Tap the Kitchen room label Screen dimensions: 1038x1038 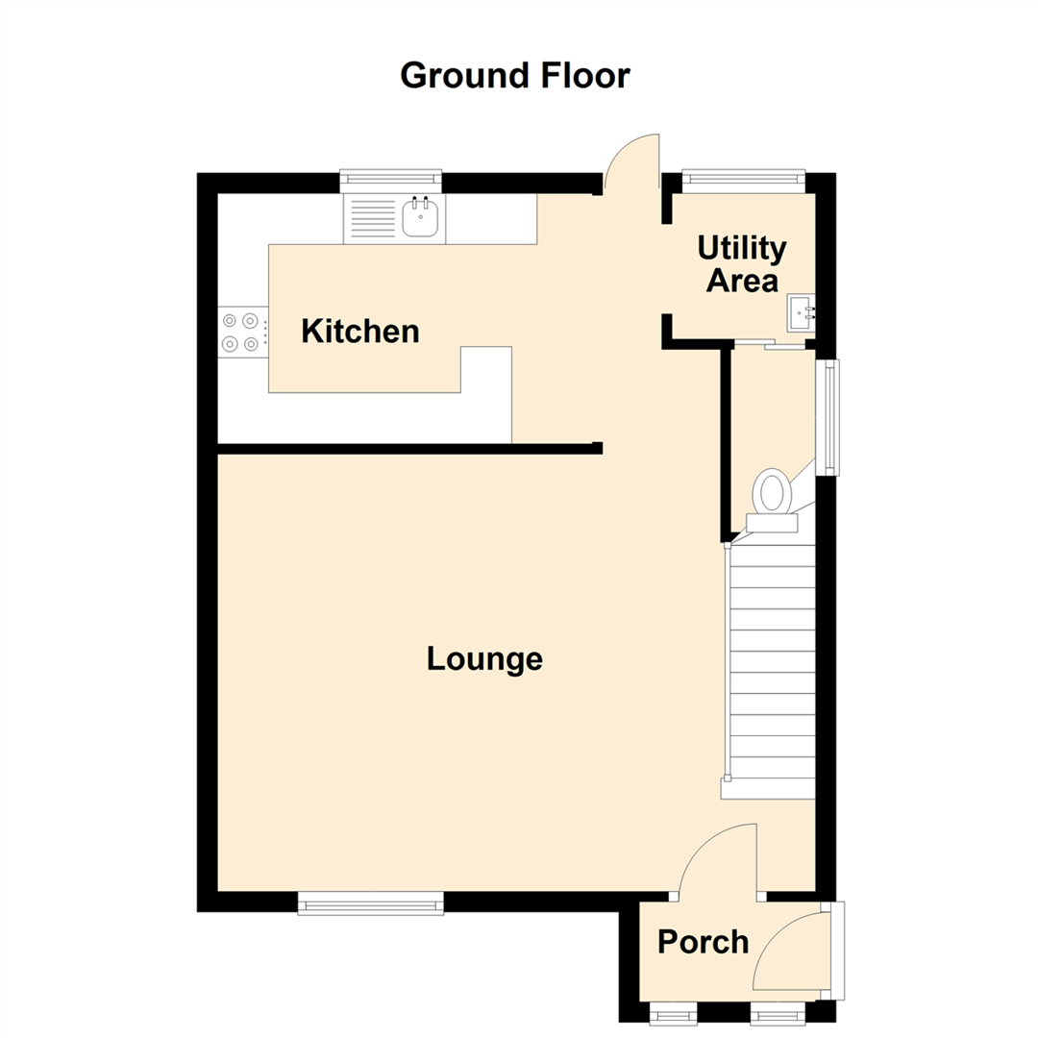coord(360,332)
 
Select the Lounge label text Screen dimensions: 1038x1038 coord(485,659)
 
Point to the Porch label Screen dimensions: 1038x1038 coord(703,942)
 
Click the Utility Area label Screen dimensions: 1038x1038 coord(742,264)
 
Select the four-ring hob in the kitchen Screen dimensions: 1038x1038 coord(240,332)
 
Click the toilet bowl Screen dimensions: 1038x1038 coord(773,491)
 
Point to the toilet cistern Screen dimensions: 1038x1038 coord(772,522)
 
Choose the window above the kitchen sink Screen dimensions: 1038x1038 coord(391,177)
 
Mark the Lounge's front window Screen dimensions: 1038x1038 coord(371,902)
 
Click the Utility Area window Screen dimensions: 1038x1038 coord(743,176)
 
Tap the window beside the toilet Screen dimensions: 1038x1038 coord(827,416)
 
